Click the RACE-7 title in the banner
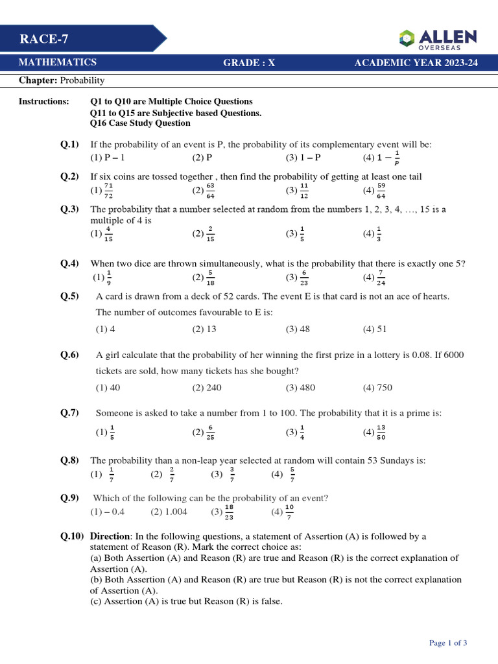tap(44, 40)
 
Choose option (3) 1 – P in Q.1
tap(303, 158)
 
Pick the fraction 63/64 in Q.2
tap(210, 190)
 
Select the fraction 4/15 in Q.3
tap(109, 234)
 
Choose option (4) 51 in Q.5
tap(375, 329)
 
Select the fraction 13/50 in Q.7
tap(381, 432)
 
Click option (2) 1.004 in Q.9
tap(169, 512)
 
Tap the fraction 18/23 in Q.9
tap(228, 512)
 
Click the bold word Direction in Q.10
tap(110, 536)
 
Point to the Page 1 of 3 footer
tap(448, 643)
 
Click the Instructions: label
tap(43, 102)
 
